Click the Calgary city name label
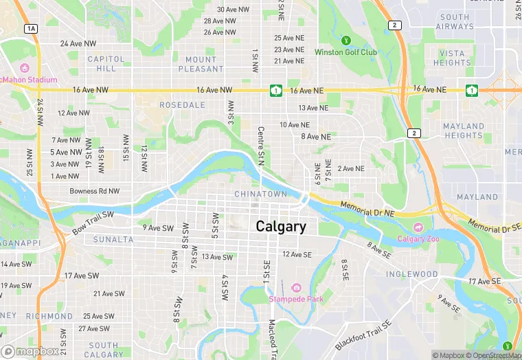click(281, 226)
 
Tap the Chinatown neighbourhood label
click(260, 194)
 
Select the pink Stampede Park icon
click(296, 287)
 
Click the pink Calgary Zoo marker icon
click(417, 227)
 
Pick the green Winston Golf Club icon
click(346, 41)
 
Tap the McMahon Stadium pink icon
click(25, 68)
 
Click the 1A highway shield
click(31, 28)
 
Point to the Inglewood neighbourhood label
click(411, 274)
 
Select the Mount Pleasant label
click(201, 65)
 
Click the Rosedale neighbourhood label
click(182, 105)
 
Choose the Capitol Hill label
click(106, 64)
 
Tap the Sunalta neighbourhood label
click(113, 240)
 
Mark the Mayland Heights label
click(464, 131)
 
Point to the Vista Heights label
click(452, 58)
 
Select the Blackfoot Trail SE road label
click(363, 335)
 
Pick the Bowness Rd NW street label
click(94, 191)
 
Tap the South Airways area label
click(455, 22)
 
